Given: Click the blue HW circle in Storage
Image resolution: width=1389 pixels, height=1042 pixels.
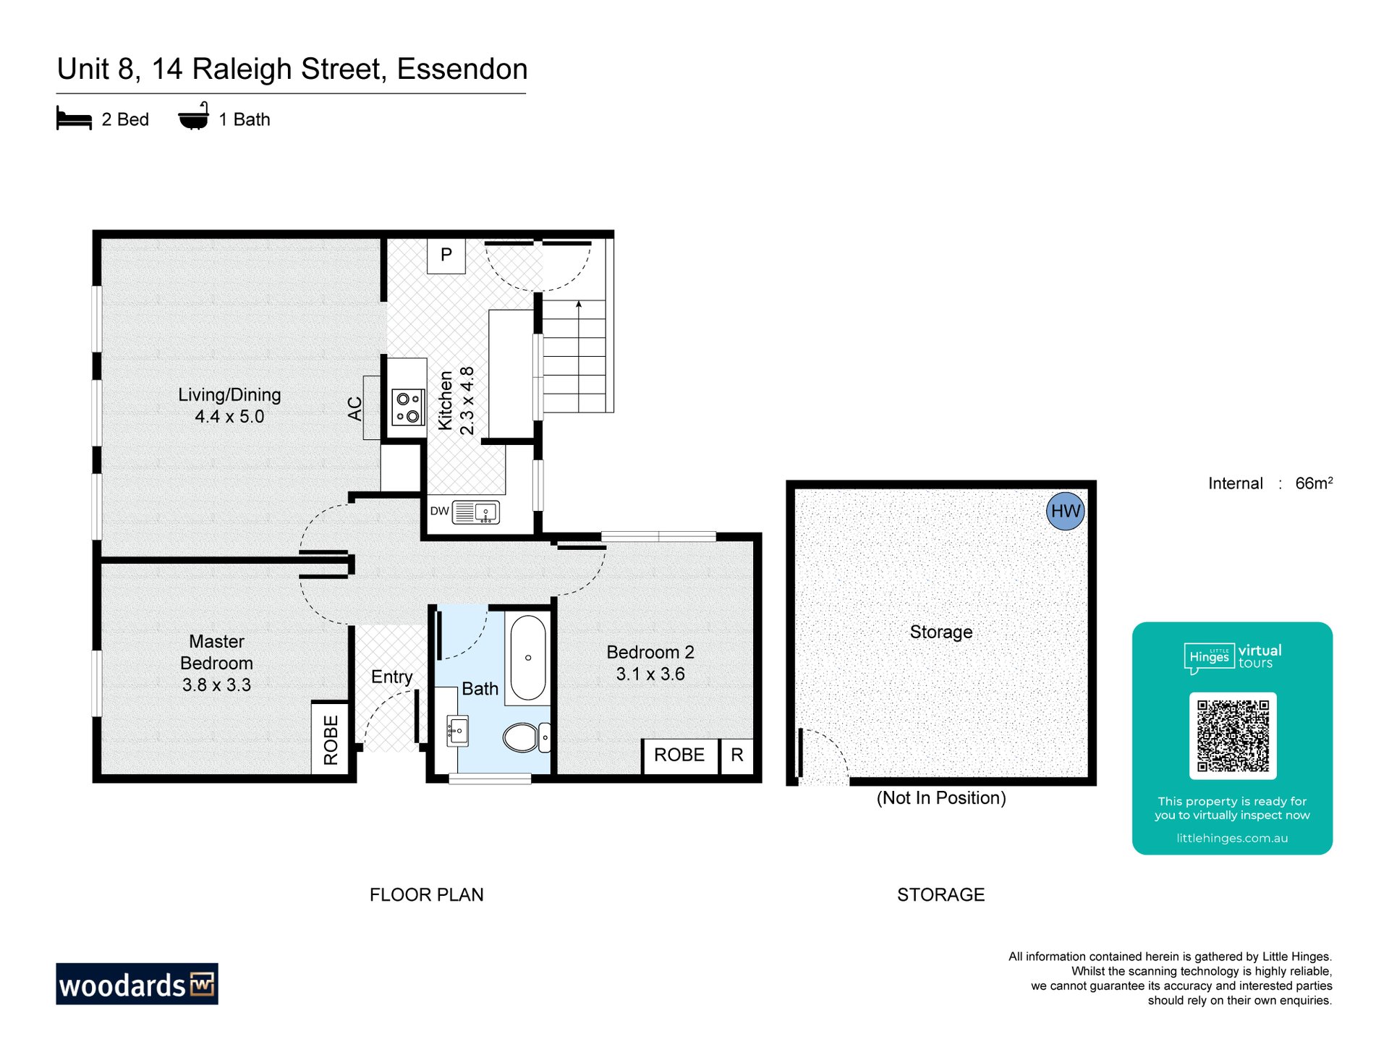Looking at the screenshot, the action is tap(1065, 511).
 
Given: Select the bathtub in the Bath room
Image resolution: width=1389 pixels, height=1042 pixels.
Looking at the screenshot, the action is tap(528, 658).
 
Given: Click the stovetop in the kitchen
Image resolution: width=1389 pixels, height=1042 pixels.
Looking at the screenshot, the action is tap(408, 407).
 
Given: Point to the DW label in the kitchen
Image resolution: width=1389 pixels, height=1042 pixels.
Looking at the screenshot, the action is tap(440, 511).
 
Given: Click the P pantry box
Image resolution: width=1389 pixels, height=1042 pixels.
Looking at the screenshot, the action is tap(446, 255).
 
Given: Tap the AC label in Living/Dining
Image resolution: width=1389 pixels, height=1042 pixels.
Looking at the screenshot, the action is tap(354, 408).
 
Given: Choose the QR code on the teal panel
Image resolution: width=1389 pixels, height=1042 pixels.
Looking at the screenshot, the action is tap(1233, 736).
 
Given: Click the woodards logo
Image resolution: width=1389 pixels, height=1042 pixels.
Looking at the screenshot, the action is tap(137, 984).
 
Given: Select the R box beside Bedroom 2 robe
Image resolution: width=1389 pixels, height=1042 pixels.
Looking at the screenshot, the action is tap(737, 755).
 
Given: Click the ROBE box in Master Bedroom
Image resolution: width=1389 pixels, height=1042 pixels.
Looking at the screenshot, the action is tap(331, 738).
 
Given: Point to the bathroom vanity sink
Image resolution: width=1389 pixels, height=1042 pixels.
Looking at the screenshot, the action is tap(457, 731).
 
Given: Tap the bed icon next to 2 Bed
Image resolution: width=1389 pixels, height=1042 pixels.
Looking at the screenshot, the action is tap(74, 119).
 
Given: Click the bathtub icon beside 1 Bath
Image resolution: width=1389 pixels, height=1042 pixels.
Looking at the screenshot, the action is tap(194, 117).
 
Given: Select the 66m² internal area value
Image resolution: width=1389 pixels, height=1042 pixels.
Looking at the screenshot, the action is tap(1314, 483).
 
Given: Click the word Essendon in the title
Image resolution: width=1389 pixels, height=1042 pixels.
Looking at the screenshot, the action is tap(462, 69).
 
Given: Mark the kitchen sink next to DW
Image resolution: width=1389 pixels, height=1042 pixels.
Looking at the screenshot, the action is tap(475, 512).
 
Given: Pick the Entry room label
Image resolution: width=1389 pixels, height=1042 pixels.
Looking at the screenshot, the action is tap(391, 677).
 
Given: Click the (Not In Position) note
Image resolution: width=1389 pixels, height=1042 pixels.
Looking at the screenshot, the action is tap(941, 798).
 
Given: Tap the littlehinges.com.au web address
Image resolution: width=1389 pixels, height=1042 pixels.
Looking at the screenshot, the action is tap(1232, 838).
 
